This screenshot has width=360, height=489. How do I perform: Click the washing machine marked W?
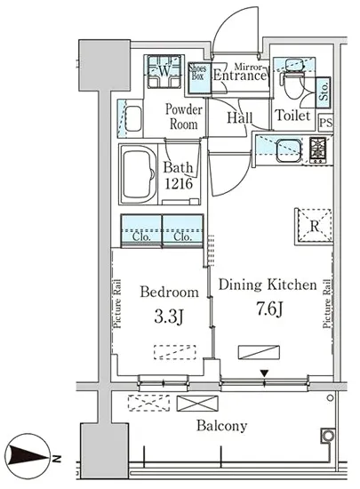164,71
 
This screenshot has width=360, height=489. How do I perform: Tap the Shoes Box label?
198,72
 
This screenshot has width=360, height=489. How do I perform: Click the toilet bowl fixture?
292,82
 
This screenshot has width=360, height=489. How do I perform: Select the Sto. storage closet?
324,92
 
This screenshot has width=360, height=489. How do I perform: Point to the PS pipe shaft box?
326,122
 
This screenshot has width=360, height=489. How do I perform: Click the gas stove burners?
318,150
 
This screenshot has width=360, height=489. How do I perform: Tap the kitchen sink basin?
289,151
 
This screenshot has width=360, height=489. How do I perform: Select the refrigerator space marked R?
313,226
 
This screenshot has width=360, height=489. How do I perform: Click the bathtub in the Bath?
139,174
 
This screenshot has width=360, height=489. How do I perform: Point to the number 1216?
179,184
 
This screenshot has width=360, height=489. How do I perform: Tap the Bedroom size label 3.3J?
169,317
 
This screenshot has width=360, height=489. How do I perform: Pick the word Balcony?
221,426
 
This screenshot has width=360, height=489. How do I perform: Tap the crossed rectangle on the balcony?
197,403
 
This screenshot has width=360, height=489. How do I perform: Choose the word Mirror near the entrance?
248,67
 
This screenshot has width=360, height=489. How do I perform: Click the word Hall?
239,117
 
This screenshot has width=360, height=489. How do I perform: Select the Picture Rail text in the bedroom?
117,304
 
